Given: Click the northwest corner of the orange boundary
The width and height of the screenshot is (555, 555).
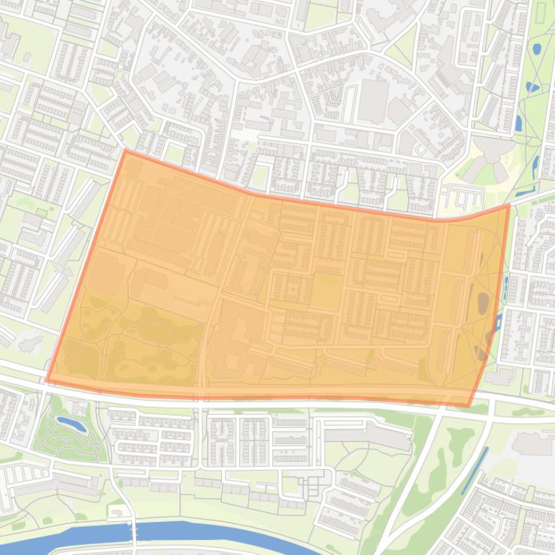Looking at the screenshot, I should point(125,151).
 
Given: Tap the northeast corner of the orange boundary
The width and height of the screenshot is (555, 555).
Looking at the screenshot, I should point(509,205).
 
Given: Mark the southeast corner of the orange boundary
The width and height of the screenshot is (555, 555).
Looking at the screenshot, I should point(469,405).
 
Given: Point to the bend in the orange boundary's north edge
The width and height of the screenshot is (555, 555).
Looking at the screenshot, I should point(252,194).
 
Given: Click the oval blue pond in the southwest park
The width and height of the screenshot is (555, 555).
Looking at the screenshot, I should point(71,425).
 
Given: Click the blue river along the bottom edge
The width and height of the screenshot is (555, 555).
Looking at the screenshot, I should point(216,535).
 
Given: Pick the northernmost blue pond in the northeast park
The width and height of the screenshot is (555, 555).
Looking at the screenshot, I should point(536,50).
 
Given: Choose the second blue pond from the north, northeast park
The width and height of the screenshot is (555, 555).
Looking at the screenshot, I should point(532,87).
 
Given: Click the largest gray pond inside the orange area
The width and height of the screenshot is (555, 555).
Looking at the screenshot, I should point(482,303).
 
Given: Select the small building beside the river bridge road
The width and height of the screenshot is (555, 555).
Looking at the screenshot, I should point(115,512).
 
